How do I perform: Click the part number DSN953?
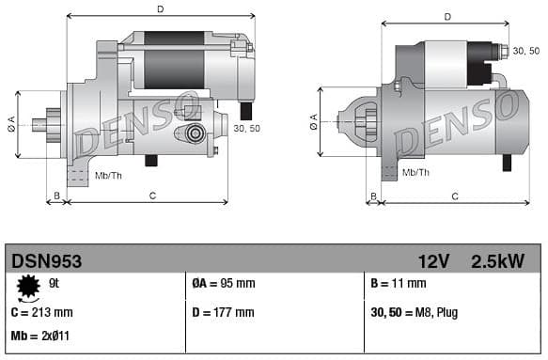pos(46,260)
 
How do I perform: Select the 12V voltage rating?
pos(433,260)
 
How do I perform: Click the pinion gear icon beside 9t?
pos(28,285)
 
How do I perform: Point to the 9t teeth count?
pos(55,283)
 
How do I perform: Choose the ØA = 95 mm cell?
pos(224,283)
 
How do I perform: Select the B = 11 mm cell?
pos(399,283)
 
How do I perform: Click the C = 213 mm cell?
pos(41,312)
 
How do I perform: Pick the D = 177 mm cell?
pos(223,312)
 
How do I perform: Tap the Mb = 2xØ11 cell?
pos(40,336)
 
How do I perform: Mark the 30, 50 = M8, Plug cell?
pos(415,312)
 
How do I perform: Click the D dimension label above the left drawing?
pos(160,9)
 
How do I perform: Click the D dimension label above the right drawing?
pos(446,16)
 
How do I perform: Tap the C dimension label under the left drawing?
pos(152,195)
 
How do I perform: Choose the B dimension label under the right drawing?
pos(372,196)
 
